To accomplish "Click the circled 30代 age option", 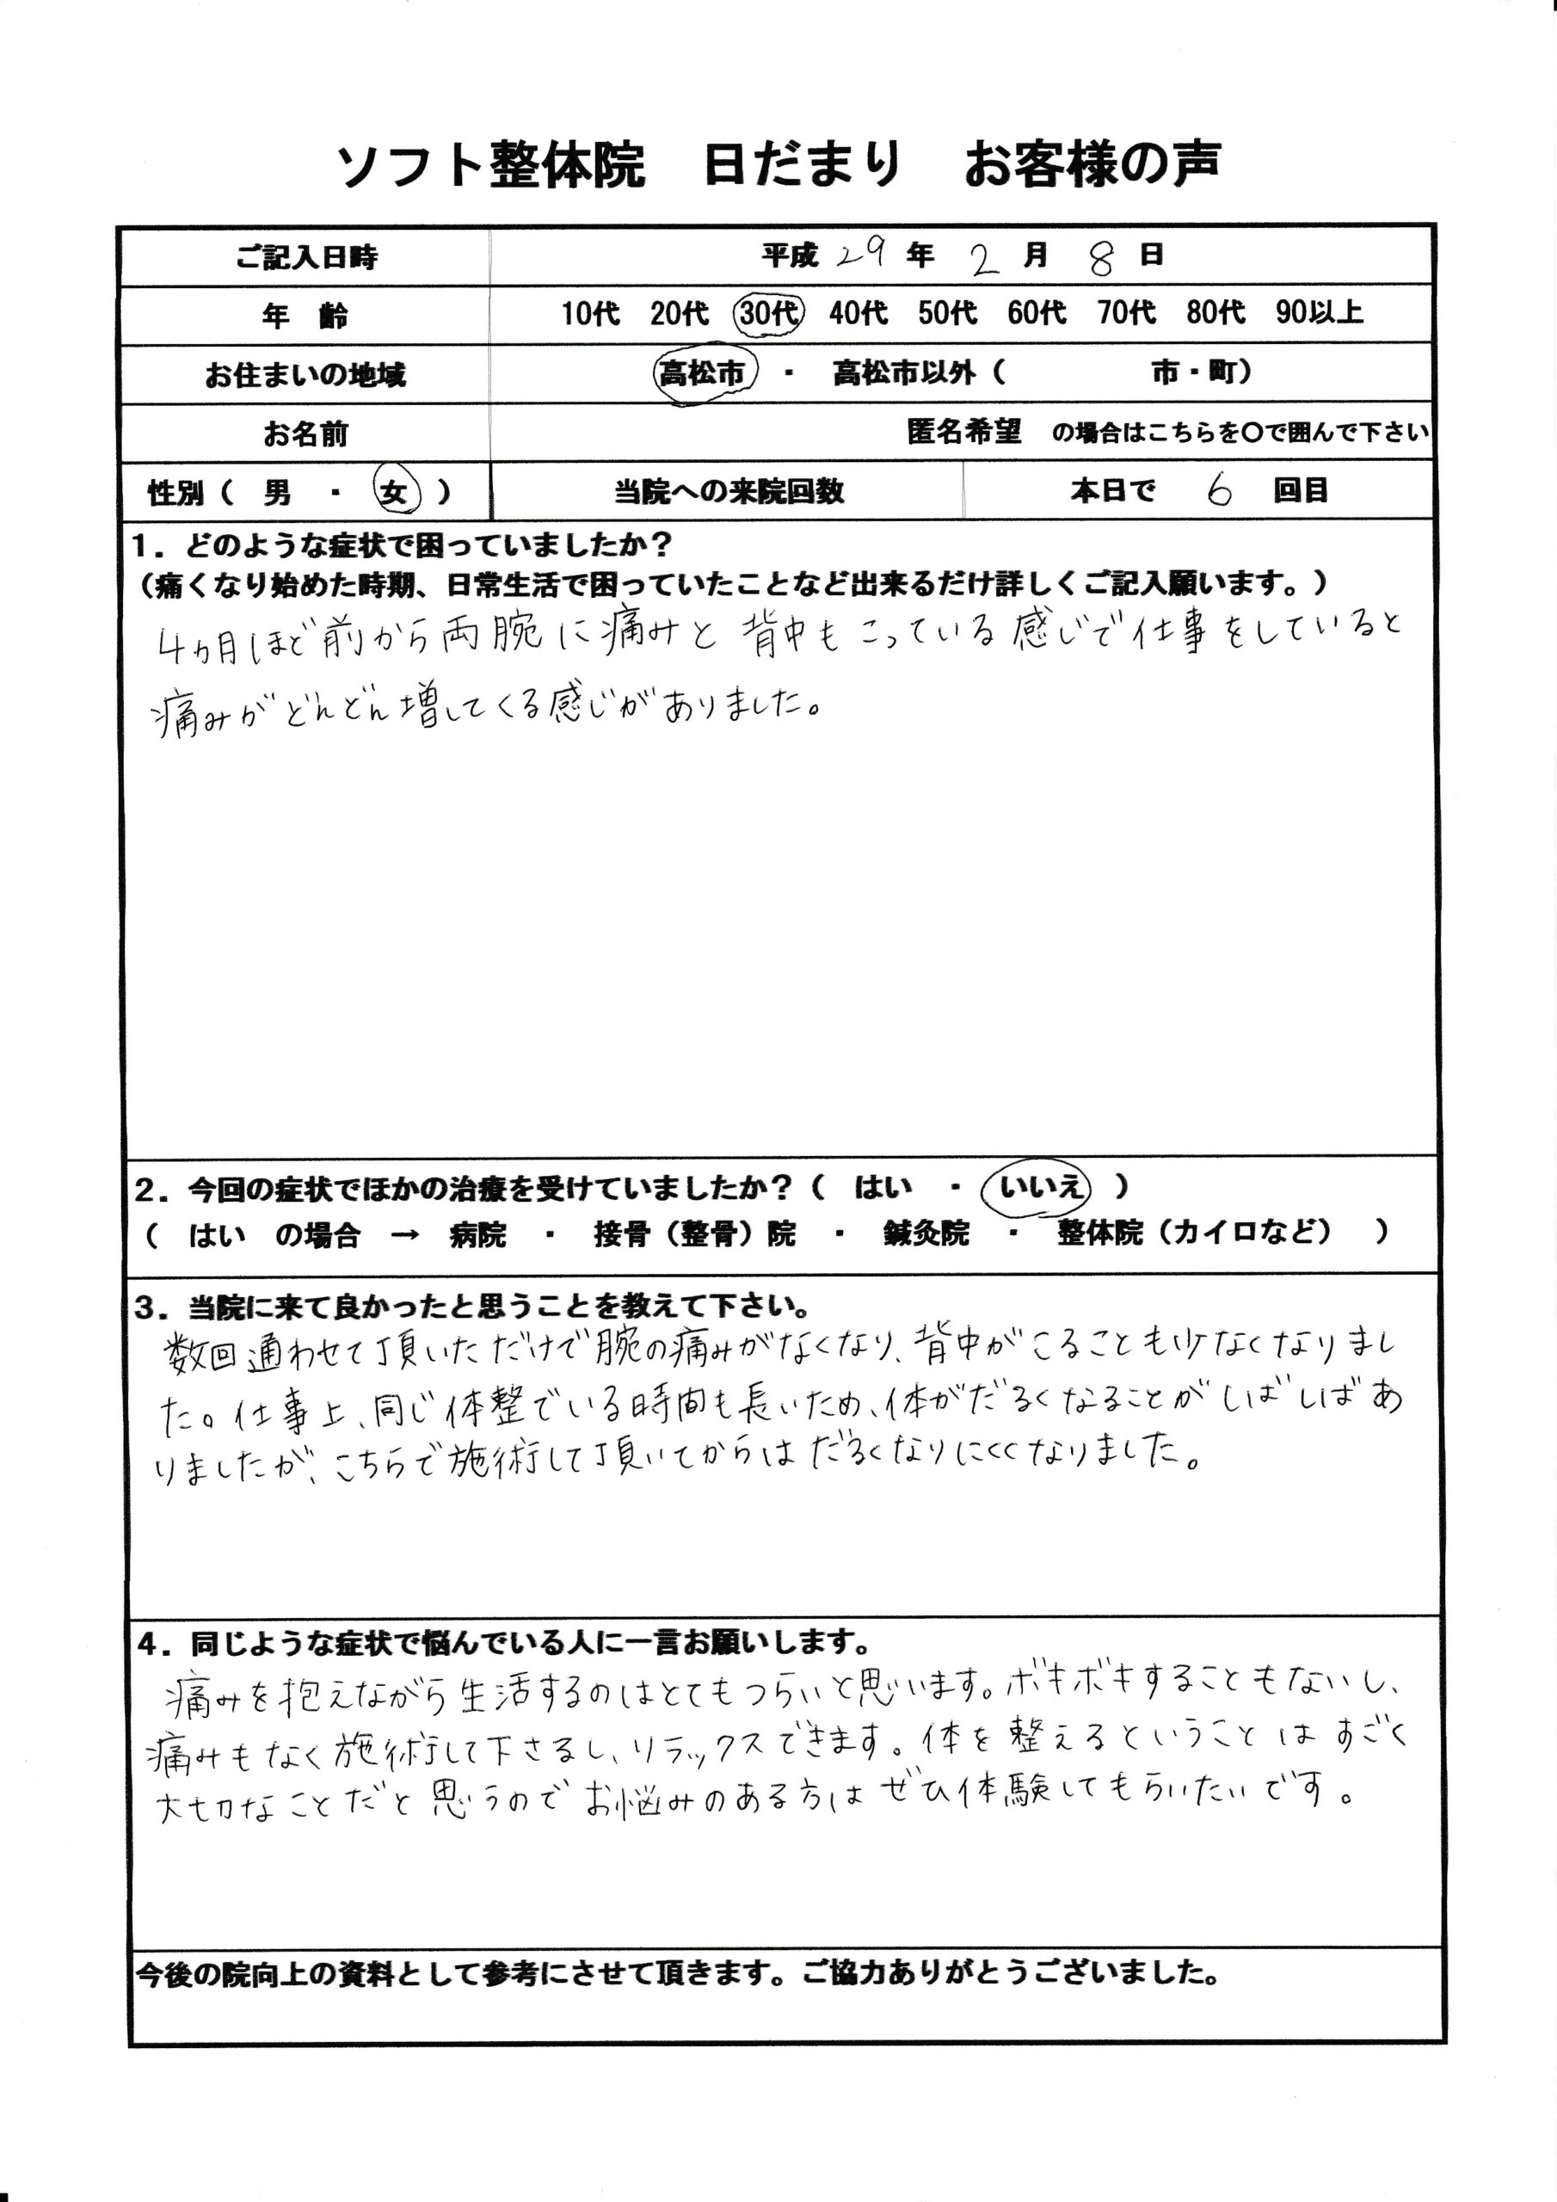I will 768,314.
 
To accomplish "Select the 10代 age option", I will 590,314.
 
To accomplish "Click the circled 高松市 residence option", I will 705,374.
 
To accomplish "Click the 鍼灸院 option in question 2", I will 926,1233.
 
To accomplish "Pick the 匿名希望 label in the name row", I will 963,433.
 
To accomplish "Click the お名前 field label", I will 306,434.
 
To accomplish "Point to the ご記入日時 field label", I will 306,257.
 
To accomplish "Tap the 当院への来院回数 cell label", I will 728,492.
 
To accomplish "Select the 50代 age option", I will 947,314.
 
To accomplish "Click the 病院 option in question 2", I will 477,1235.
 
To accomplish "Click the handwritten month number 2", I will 983,259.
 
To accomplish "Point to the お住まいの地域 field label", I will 305,375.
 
